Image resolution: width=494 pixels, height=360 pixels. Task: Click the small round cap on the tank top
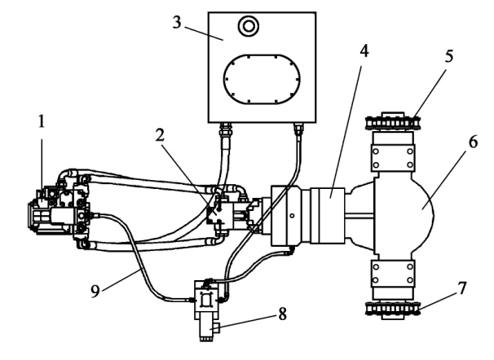[246, 27]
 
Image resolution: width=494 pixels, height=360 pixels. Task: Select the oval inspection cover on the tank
[261, 78]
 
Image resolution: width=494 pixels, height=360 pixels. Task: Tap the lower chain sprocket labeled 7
[394, 307]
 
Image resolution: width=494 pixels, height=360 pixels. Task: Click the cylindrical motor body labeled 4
[329, 215]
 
